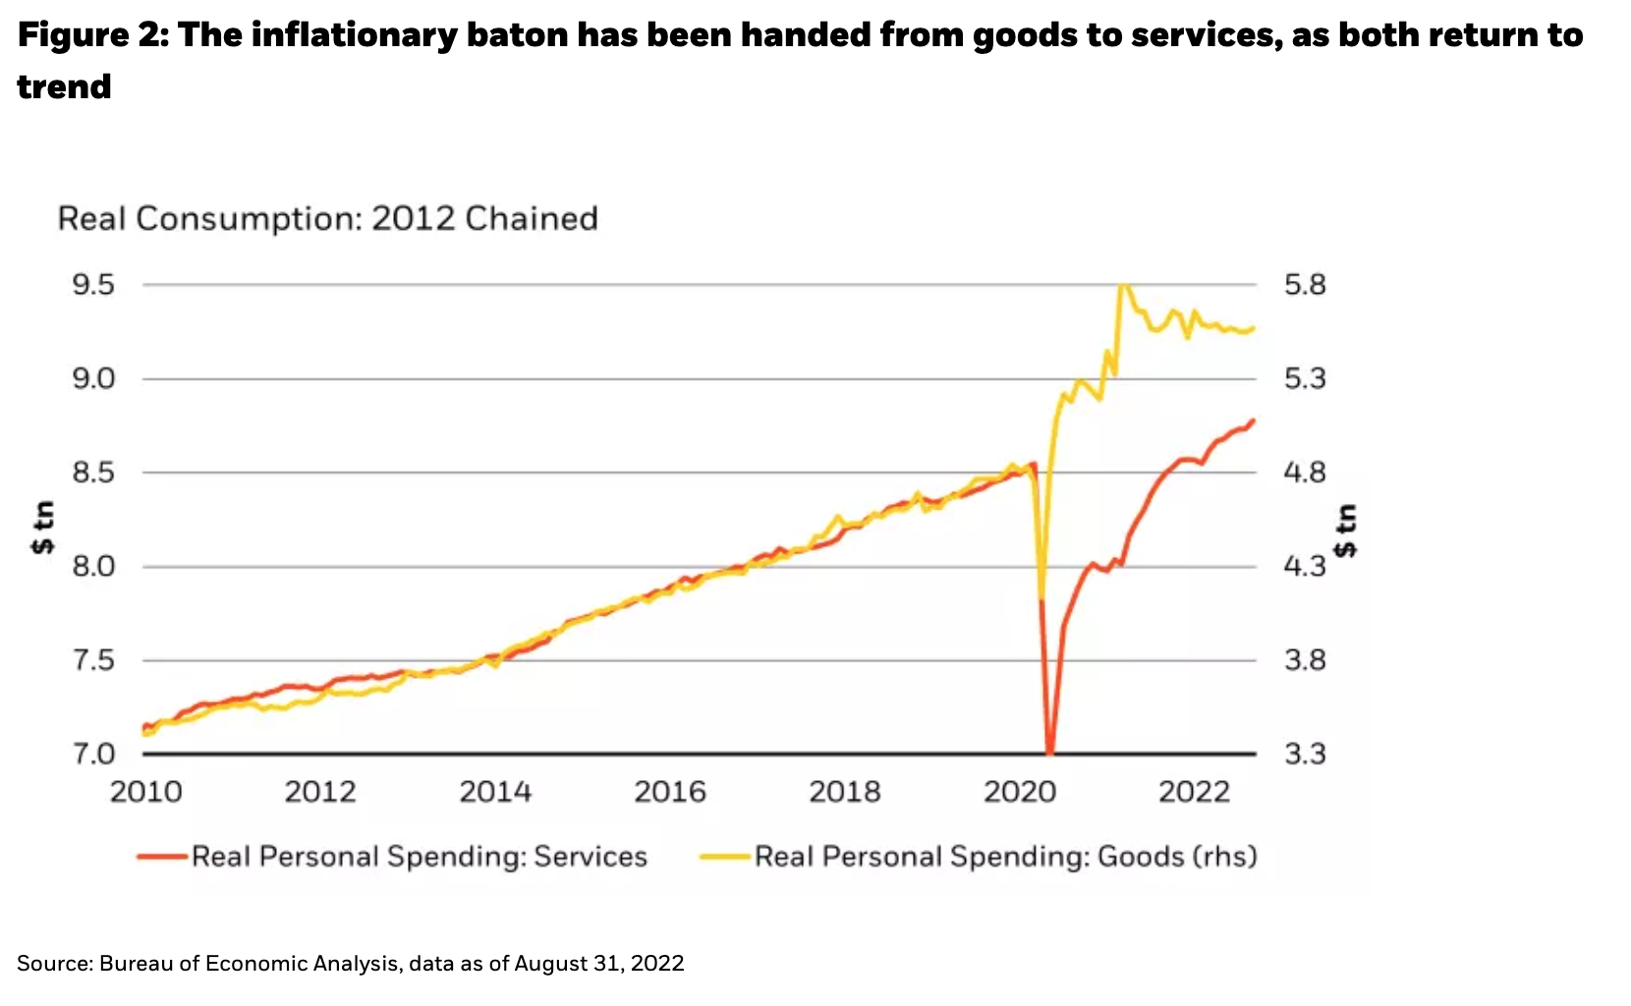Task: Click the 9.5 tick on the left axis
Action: point(93,285)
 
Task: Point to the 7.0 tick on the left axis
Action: point(93,754)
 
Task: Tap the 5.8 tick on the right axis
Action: point(1305,285)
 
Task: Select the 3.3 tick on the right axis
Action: point(1305,754)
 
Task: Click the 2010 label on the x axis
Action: point(145,792)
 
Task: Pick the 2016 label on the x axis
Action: point(670,792)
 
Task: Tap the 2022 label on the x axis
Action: point(1194,792)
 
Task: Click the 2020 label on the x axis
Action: point(1020,792)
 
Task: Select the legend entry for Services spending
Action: point(419,857)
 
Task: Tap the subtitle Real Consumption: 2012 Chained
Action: point(327,218)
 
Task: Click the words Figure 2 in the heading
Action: point(86,35)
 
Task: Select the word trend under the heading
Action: point(64,87)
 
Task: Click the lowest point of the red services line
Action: point(1050,753)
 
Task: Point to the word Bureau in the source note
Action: point(137,964)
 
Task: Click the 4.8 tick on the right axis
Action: point(1305,473)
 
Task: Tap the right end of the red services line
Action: point(1253,420)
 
